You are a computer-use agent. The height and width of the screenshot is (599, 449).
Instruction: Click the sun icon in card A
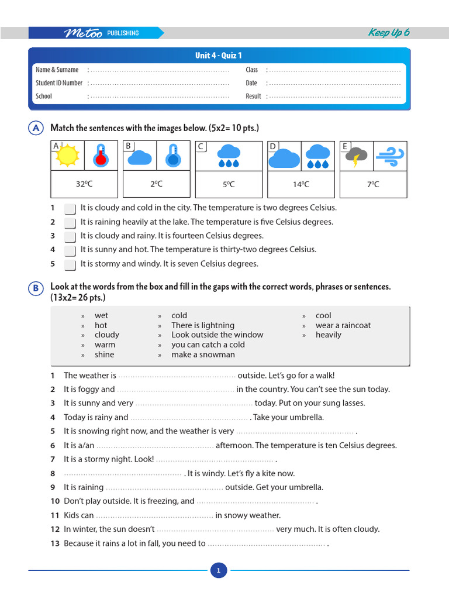tap(68, 156)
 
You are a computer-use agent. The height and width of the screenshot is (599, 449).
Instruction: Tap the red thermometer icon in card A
tap(101, 156)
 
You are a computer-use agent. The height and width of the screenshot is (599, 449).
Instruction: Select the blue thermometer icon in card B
tap(173, 156)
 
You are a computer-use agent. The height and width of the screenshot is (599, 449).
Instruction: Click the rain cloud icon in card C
tap(229, 156)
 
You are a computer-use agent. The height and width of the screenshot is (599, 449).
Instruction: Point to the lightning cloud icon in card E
tap(356, 156)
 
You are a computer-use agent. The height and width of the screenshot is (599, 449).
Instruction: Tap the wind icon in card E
tap(389, 156)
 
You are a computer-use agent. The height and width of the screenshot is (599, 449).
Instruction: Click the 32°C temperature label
tap(84, 184)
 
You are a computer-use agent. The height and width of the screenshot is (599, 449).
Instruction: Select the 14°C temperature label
tap(301, 184)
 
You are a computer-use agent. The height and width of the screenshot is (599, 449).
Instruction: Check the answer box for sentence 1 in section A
tap(70, 208)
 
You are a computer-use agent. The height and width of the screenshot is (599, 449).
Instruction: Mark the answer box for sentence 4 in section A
tap(70, 250)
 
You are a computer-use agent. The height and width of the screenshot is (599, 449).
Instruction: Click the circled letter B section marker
tap(36, 288)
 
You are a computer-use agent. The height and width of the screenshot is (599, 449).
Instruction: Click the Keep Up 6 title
tap(388, 33)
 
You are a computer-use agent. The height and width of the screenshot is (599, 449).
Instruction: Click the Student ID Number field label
tap(59, 83)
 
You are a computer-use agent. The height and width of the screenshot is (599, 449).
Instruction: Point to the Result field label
tap(253, 97)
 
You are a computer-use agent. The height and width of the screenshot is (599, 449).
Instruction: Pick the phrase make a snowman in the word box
tap(203, 354)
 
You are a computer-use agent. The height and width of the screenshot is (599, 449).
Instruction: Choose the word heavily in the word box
tap(328, 335)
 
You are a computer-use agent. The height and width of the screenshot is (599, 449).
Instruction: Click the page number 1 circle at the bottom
tap(218, 570)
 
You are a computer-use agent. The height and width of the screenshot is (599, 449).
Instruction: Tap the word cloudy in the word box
tap(106, 335)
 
